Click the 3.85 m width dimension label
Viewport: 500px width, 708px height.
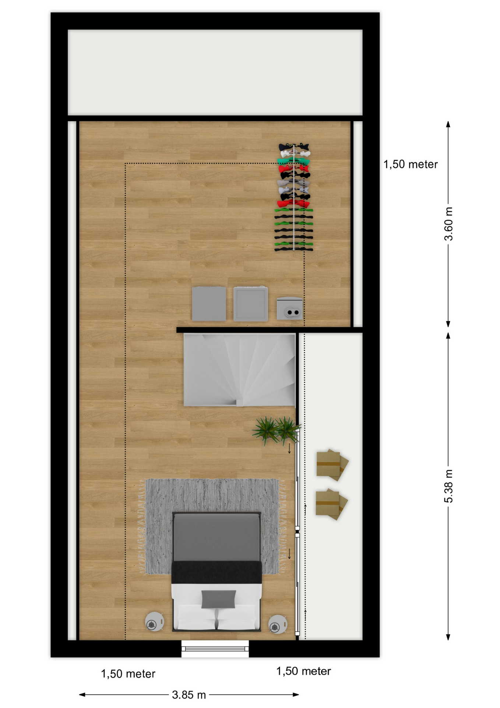189,695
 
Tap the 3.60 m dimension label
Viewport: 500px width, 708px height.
448,224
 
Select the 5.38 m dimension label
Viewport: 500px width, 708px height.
448,486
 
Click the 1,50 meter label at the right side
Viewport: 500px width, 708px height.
411,164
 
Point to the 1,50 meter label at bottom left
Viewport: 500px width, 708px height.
128,674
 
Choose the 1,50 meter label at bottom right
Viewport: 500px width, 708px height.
303,671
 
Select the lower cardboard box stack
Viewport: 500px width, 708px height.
331,504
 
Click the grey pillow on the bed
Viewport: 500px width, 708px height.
218,599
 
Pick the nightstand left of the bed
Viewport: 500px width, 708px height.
154,622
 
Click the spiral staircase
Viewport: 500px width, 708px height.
239,370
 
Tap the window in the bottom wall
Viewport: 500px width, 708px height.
215,649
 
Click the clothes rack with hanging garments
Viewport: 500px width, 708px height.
293,197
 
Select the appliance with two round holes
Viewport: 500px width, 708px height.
290,308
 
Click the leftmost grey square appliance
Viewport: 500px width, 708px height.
209,303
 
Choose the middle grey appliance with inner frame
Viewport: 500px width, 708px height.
250,303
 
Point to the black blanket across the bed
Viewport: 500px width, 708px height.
217,572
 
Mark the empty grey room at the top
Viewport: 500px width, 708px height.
215,72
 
